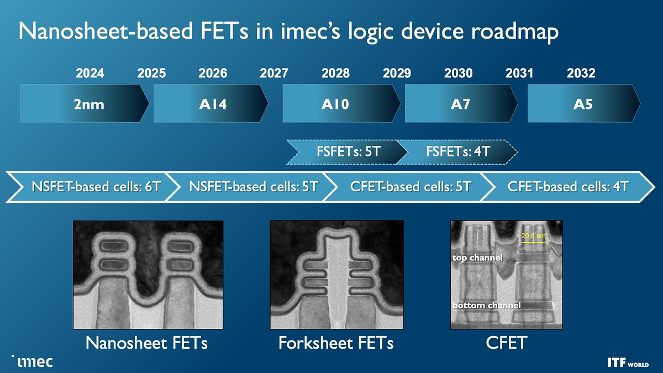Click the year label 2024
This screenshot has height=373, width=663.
(90, 73)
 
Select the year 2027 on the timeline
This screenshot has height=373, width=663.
(273, 73)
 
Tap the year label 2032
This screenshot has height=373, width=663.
(581, 73)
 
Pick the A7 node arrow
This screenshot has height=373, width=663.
(461, 103)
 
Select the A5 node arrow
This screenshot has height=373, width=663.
(583, 103)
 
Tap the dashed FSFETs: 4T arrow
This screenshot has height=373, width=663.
(458, 151)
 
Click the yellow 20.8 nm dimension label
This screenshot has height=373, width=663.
(533, 237)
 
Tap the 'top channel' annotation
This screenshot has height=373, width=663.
(477, 258)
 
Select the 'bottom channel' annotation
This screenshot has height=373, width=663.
(486, 305)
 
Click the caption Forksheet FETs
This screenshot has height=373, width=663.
(335, 343)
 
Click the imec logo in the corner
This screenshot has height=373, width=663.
(34, 361)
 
